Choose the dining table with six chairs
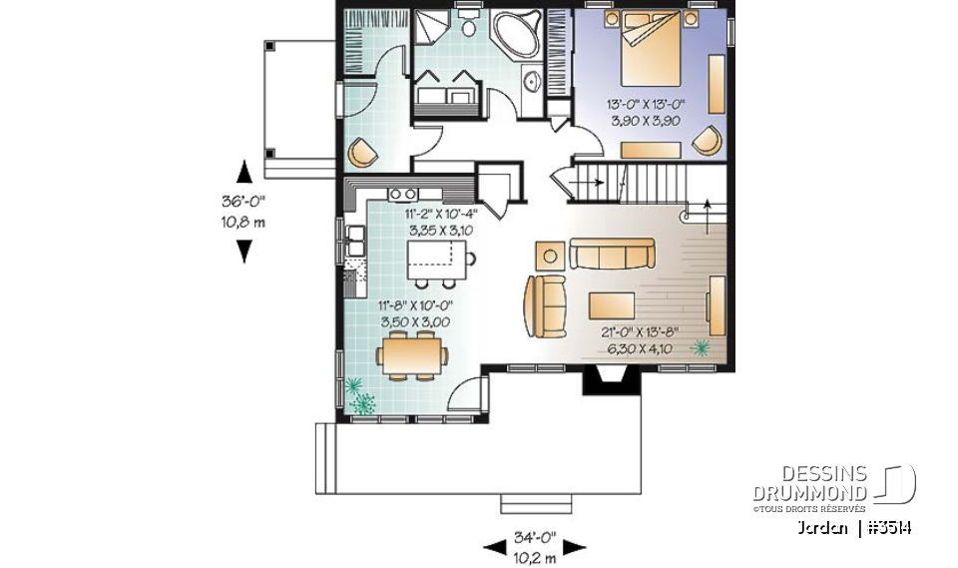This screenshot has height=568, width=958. click(x=410, y=354)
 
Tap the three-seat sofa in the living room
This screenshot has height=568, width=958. click(x=611, y=254)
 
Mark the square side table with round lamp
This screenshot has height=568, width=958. click(x=549, y=256)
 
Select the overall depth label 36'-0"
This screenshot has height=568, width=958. click(x=243, y=201)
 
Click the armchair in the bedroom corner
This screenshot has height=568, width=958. click(x=707, y=141)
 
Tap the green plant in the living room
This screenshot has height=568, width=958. click(x=702, y=346)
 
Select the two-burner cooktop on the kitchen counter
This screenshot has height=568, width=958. click(x=403, y=194)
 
